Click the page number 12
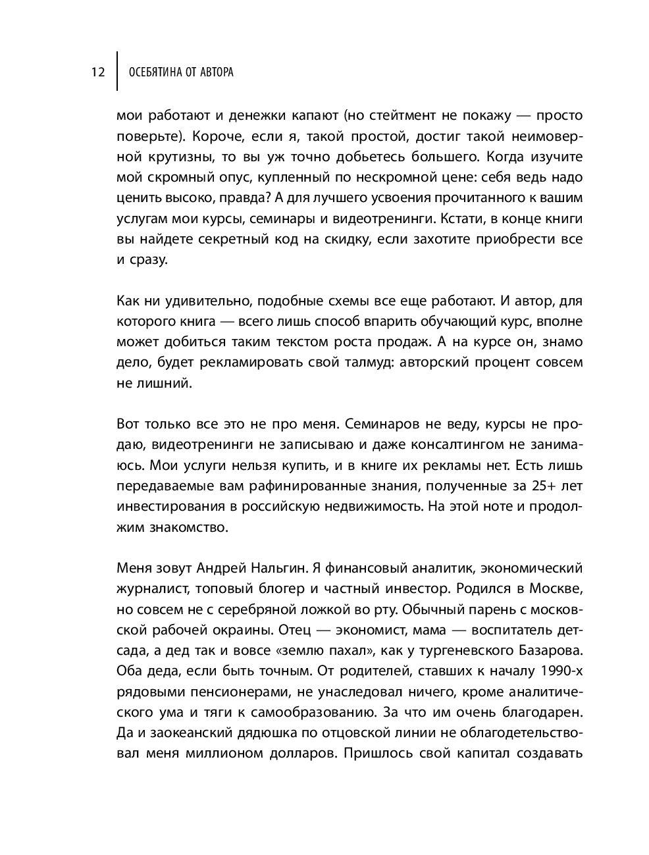tap(97, 72)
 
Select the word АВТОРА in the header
tap(215, 72)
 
